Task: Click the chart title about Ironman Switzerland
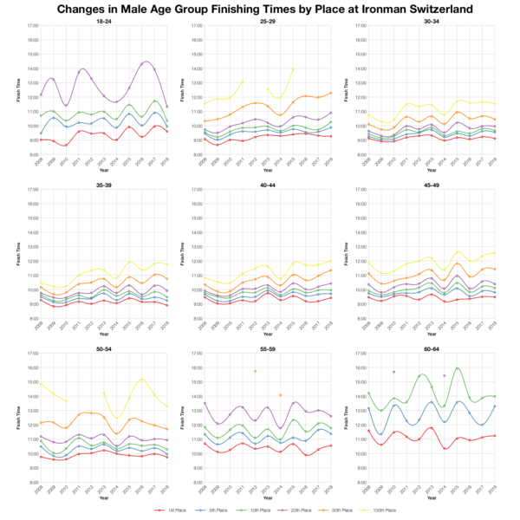click(260, 9)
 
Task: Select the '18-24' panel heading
click(103, 21)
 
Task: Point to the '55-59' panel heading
click(265, 348)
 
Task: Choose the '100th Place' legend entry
click(381, 510)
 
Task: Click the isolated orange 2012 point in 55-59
click(255, 371)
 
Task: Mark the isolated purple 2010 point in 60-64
click(393, 372)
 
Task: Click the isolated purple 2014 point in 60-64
click(444, 375)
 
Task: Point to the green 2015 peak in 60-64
click(456, 368)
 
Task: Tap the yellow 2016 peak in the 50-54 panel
click(140, 379)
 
